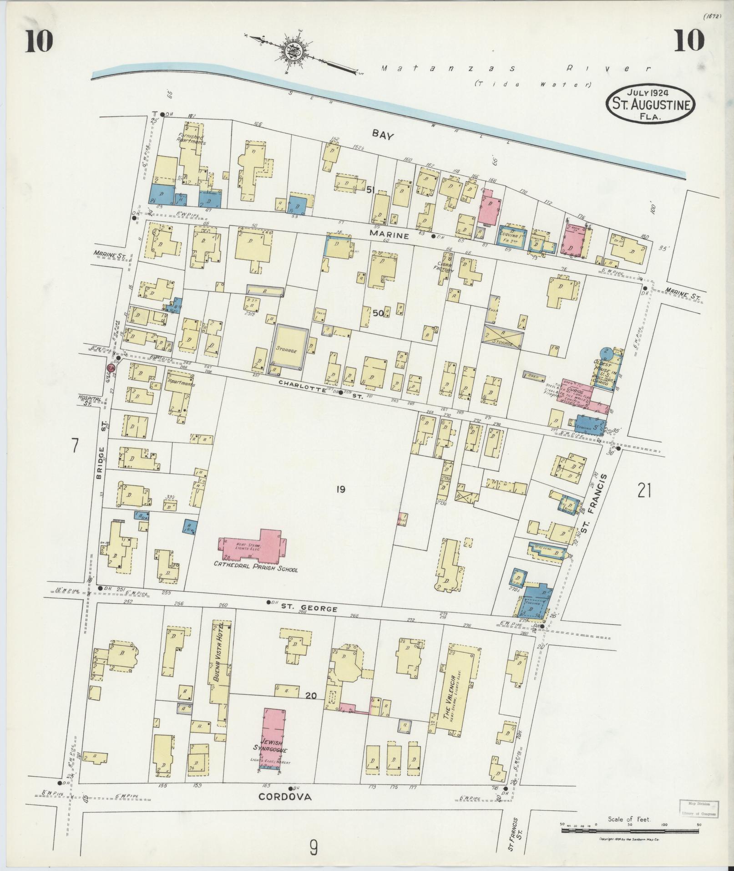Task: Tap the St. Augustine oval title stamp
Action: [650, 105]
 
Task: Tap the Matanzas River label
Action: [514, 69]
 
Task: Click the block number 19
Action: [340, 489]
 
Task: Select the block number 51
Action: [371, 190]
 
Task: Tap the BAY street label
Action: [382, 133]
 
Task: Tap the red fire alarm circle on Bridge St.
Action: [110, 368]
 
